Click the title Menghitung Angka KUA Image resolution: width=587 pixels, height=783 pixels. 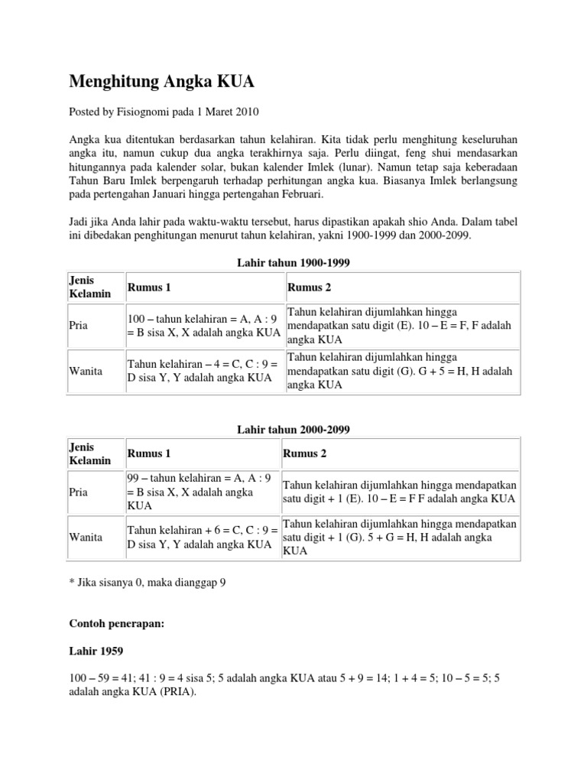click(x=162, y=81)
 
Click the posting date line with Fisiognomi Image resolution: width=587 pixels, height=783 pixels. click(x=164, y=112)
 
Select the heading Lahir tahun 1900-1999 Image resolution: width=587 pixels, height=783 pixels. click(x=293, y=262)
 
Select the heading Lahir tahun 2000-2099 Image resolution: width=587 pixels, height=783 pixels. click(x=293, y=430)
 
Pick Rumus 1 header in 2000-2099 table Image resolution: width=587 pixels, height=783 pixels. click(x=149, y=453)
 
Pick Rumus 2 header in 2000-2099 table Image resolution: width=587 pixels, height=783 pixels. click(x=305, y=453)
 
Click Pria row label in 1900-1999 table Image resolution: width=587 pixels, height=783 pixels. click(x=79, y=325)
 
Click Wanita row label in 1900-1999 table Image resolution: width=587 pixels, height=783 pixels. click(x=86, y=371)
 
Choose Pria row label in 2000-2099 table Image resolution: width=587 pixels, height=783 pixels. click(x=79, y=492)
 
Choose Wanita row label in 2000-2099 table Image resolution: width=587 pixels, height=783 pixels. click(x=86, y=537)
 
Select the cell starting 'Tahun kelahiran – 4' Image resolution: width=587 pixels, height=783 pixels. click(x=203, y=371)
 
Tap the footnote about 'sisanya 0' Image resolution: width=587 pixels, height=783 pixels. click(x=148, y=582)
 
